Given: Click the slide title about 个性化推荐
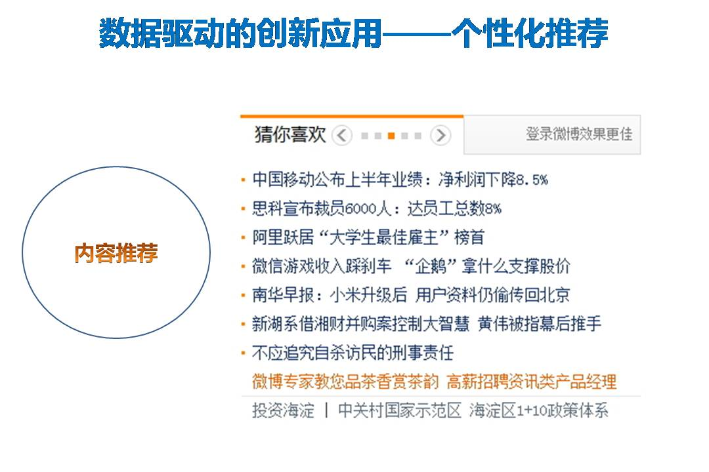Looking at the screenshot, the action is [x=354, y=33].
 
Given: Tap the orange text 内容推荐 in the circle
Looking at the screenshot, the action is [x=116, y=252].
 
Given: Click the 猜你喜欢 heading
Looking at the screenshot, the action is [x=290, y=134].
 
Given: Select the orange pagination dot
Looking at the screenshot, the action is [x=391, y=136].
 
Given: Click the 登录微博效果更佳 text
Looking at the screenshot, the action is [x=579, y=134].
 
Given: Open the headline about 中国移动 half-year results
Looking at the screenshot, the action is [x=400, y=180].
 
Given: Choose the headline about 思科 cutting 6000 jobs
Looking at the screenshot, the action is [x=377, y=208].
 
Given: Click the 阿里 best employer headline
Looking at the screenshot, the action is [x=368, y=237].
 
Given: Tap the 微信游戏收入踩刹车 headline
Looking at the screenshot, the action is [x=411, y=266].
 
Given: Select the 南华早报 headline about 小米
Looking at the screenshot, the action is [x=411, y=295].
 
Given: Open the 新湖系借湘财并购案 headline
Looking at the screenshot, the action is [x=427, y=324].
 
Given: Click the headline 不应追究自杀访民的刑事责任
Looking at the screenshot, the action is [x=353, y=353].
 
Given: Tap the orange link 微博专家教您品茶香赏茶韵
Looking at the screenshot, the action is [x=345, y=382].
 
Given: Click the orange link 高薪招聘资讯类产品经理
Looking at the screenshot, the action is [x=532, y=382].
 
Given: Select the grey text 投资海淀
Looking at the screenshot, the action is [x=283, y=410].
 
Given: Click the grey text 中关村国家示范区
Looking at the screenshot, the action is [x=400, y=410].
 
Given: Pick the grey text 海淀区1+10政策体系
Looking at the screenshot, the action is [x=539, y=410].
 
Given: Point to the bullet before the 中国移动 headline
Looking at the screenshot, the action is [x=244, y=180].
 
